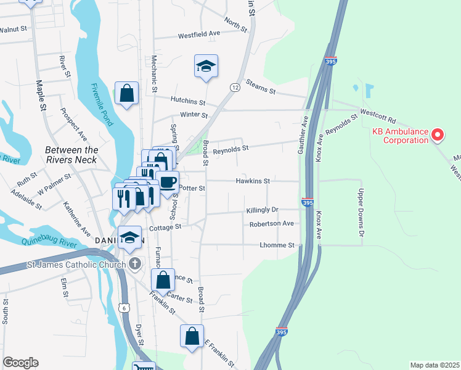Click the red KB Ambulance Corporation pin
(x=437, y=134)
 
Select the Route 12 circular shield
(x=235, y=88)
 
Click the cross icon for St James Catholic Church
(x=137, y=265)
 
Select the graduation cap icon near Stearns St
(x=206, y=66)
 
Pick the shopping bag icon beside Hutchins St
(x=126, y=94)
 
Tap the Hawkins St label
(x=253, y=181)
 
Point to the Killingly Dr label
(x=262, y=210)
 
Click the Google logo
(x=20, y=363)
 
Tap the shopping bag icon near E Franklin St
(x=192, y=337)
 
